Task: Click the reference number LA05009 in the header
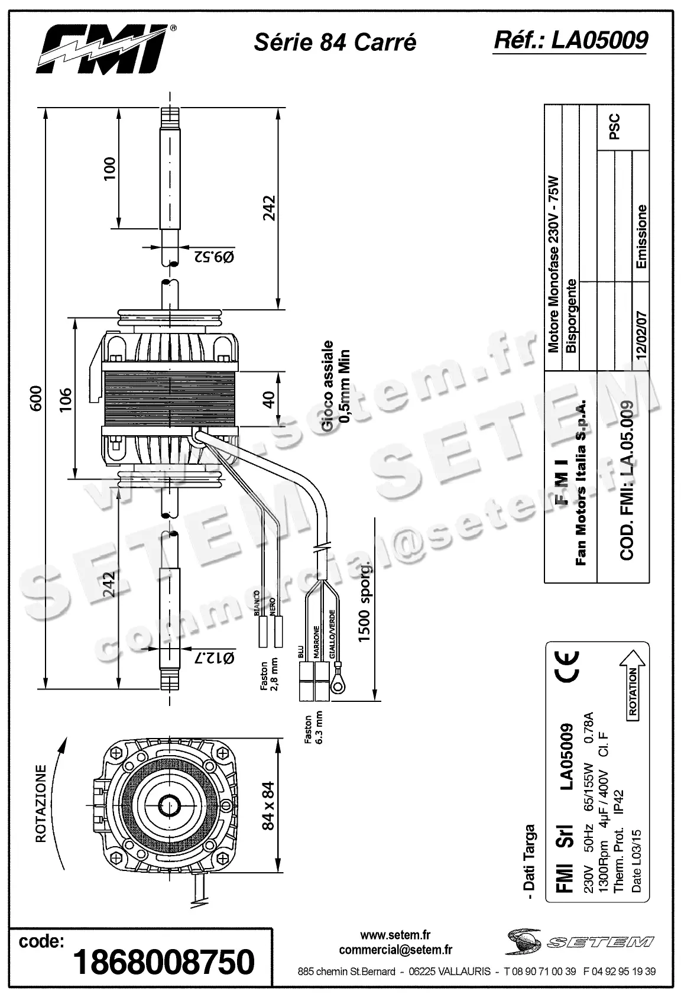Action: (x=570, y=40)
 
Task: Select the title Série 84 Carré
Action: (x=335, y=43)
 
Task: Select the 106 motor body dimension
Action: (x=66, y=399)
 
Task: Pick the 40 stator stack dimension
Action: (x=269, y=399)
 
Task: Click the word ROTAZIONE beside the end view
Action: (x=41, y=802)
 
